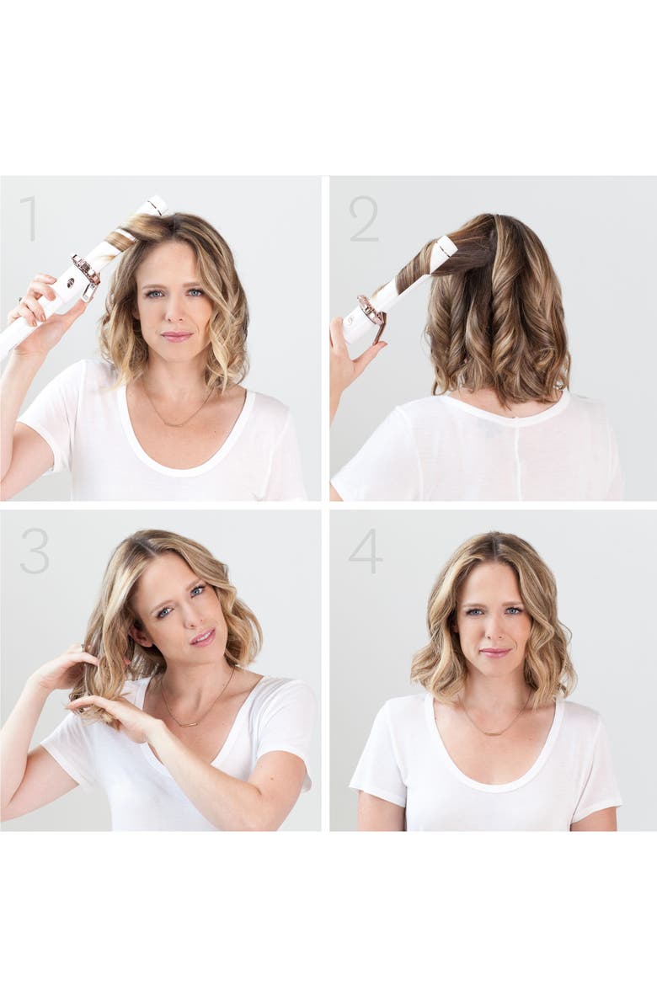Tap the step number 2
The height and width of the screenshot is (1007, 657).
pyautogui.click(x=363, y=220)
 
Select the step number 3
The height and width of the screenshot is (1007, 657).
pyautogui.click(x=35, y=551)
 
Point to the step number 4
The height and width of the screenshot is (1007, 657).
pyautogui.click(x=365, y=551)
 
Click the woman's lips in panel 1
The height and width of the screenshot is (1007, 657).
pyautogui.click(x=177, y=335)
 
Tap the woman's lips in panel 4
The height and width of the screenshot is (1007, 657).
pyautogui.click(x=494, y=652)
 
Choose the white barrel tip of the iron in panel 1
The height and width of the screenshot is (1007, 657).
pyautogui.click(x=157, y=205)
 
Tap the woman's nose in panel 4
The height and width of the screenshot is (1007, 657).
pyautogui.click(x=494, y=628)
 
